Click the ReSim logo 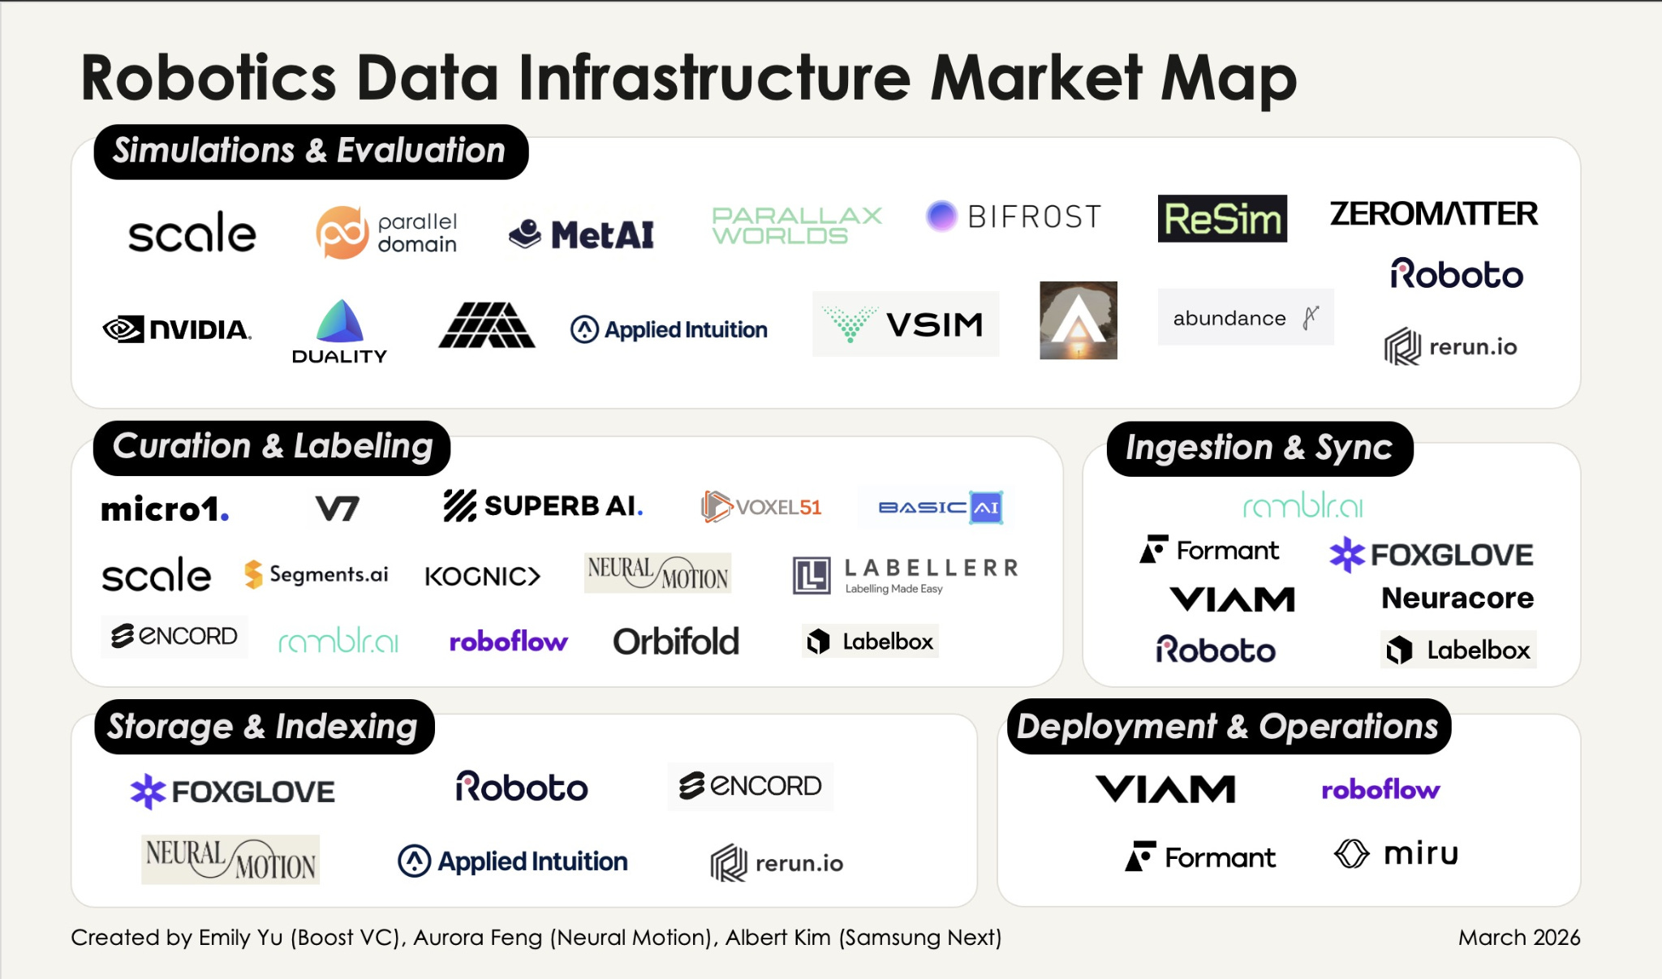point(1222,218)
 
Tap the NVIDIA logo point(177,329)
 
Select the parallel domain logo point(386,233)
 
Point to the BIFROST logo point(1014,217)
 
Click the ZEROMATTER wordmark point(1433,214)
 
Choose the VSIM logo point(906,324)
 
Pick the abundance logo point(1245,318)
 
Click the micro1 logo point(165,509)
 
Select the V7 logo point(337,509)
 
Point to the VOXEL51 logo point(761,507)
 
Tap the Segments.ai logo point(316,574)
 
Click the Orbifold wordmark point(676,642)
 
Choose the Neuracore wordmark point(1457,599)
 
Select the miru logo point(1397,853)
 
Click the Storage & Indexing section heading point(263,727)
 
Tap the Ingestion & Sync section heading point(1259,448)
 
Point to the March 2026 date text point(1519,938)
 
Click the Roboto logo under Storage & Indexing point(522,787)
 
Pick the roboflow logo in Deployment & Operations point(1380,789)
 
